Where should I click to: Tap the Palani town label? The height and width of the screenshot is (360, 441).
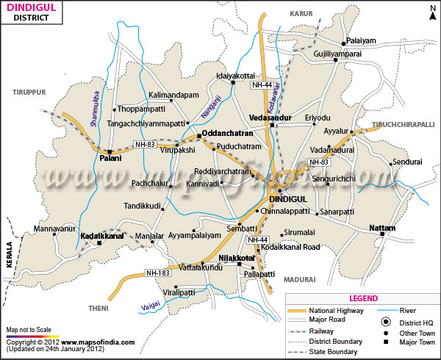pos(110,158)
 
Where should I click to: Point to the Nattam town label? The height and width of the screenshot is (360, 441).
pos(381,228)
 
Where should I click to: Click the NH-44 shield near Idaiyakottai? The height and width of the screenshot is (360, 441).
pos(262,86)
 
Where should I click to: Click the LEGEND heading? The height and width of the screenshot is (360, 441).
pos(364,298)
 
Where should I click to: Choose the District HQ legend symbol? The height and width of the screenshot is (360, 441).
pos(384,322)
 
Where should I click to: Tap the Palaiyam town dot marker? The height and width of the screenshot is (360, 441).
pos(343,44)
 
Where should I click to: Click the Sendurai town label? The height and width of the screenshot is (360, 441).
pos(407,161)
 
